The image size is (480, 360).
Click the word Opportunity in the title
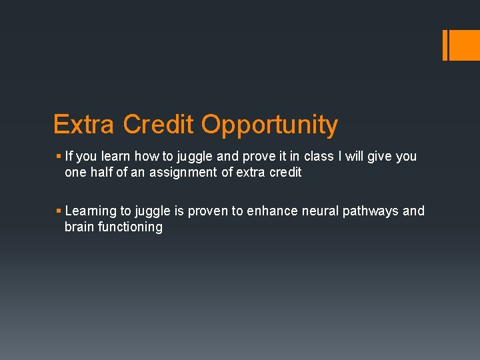click(x=269, y=125)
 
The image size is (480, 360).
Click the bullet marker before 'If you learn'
click(x=59, y=156)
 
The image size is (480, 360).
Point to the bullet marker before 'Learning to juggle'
click(x=59, y=211)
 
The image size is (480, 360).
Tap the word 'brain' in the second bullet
click(x=79, y=227)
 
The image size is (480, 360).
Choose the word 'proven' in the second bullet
click(x=209, y=211)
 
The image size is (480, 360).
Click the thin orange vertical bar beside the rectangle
click(x=445, y=45)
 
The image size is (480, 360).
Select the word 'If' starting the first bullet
click(x=69, y=156)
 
